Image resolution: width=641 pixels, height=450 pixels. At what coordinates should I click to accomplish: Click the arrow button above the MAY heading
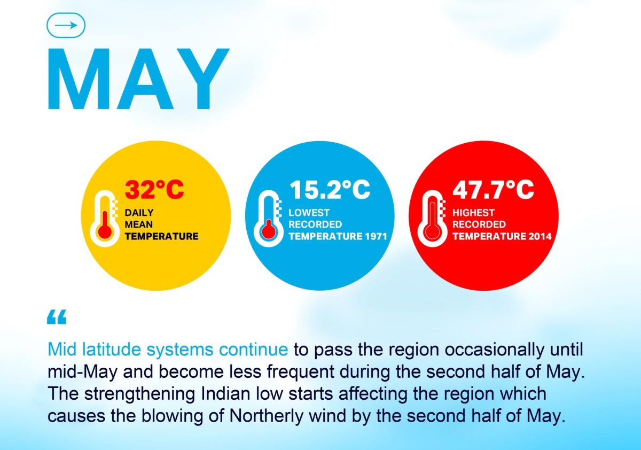tap(66, 25)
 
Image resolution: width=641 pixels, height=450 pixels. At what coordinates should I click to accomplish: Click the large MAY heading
tap(139, 79)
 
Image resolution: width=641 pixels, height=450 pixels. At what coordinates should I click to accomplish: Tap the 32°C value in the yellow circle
tap(154, 189)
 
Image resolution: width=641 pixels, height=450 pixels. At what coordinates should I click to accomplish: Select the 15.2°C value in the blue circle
tap(330, 189)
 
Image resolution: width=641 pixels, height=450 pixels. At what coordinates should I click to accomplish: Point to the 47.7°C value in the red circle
tap(494, 189)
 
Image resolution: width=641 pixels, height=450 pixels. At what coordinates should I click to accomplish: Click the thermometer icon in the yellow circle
tap(105, 219)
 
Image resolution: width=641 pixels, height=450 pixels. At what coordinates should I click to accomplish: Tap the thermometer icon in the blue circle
tap(268, 219)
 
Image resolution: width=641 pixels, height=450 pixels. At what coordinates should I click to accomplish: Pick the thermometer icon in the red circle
tap(432, 219)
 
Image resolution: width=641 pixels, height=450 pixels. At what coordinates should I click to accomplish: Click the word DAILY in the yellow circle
tap(139, 213)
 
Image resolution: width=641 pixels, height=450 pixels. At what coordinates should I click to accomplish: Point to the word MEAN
tap(139, 224)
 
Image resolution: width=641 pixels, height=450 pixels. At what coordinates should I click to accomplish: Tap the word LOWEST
tap(309, 213)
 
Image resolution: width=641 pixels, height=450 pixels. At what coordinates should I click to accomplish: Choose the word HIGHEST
tap(473, 213)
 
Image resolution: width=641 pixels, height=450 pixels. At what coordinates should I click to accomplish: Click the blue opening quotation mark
tap(57, 316)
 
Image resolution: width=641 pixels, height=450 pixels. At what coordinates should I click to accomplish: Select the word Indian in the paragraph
tap(225, 393)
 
